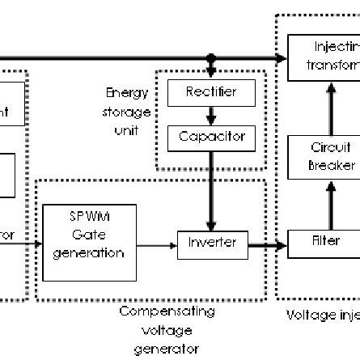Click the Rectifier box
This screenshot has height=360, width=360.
[x=211, y=94]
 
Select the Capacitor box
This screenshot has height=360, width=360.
[x=211, y=138]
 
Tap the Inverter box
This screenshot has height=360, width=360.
[x=213, y=243]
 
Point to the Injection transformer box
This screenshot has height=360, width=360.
[x=324, y=56]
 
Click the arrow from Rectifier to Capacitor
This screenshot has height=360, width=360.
[x=211, y=116]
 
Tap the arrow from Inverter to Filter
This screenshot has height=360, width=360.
[x=268, y=243]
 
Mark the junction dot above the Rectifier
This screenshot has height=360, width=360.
[x=211, y=59]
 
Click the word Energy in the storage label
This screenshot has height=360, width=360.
[x=132, y=94]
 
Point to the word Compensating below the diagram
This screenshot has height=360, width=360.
[x=167, y=311]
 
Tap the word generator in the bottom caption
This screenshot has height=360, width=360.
[x=167, y=349]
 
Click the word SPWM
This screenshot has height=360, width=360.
[x=89, y=217]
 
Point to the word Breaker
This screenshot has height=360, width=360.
[x=331, y=166]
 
